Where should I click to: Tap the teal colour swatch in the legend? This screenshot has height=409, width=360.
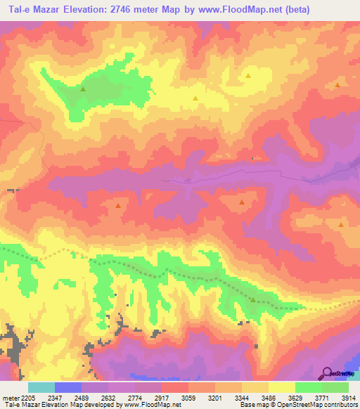tap(41, 387)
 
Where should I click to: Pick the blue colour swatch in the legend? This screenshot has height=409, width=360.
tap(67, 387)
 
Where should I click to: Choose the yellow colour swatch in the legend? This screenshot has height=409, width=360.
tap(281, 387)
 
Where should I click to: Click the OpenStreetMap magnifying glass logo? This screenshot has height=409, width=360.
tap(326, 372)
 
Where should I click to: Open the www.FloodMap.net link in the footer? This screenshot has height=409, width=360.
tap(149, 405)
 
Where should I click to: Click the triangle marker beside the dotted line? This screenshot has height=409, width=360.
tap(253, 299)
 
